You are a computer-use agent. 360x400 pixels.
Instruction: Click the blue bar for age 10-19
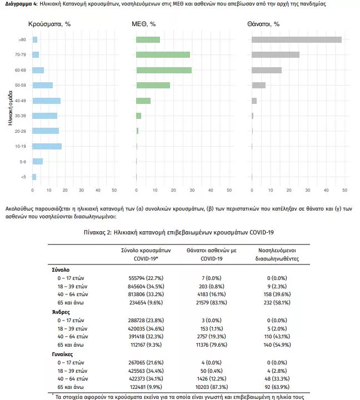click(47, 147)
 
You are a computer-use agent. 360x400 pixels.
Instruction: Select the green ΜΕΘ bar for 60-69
click(164, 70)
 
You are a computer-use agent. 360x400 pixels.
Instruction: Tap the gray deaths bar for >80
click(297, 40)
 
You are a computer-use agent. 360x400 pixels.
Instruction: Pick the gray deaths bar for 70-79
click(276, 55)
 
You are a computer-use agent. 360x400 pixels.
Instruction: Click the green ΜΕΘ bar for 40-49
click(143, 101)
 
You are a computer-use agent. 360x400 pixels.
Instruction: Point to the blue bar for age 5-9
click(38, 162)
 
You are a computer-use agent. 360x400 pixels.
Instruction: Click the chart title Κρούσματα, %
click(49, 24)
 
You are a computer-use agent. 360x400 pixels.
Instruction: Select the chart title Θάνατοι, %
click(263, 24)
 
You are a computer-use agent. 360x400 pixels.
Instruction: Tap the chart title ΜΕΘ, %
click(144, 24)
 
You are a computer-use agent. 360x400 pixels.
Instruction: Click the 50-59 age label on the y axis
click(21, 85)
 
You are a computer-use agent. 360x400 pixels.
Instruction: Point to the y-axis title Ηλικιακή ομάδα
click(10, 108)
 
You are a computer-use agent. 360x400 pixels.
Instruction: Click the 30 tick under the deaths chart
click(308, 190)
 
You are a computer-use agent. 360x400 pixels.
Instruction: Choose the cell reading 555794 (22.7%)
click(146, 278)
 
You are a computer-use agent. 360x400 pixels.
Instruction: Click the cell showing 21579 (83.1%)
click(212, 303)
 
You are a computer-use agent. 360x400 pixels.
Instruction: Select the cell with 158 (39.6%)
click(277, 294)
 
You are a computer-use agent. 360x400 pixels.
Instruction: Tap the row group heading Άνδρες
click(61, 312)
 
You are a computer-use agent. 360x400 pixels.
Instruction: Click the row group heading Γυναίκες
click(62, 354)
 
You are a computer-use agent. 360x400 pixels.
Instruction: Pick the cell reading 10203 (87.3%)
click(212, 387)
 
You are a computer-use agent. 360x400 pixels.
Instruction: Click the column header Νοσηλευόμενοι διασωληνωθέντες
click(277, 254)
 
